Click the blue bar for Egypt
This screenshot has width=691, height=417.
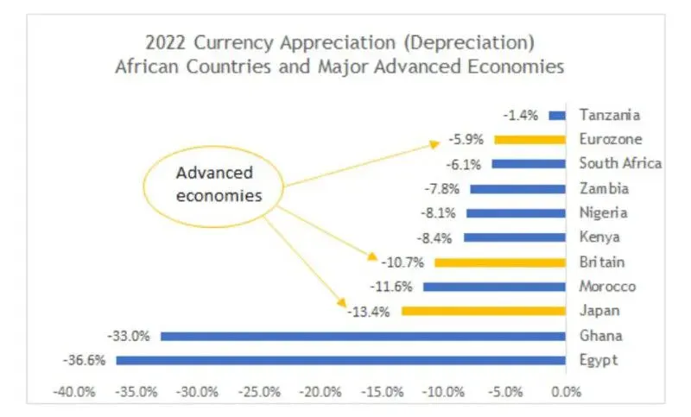click(341, 360)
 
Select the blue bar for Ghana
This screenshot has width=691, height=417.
click(363, 336)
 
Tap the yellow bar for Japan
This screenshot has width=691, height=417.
click(483, 311)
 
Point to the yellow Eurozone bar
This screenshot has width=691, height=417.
click(529, 139)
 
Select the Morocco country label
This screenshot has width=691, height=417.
click(607, 287)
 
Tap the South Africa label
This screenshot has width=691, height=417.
click(620, 163)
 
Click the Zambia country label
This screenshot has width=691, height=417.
click(604, 188)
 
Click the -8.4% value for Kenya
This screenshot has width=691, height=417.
click(439, 237)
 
